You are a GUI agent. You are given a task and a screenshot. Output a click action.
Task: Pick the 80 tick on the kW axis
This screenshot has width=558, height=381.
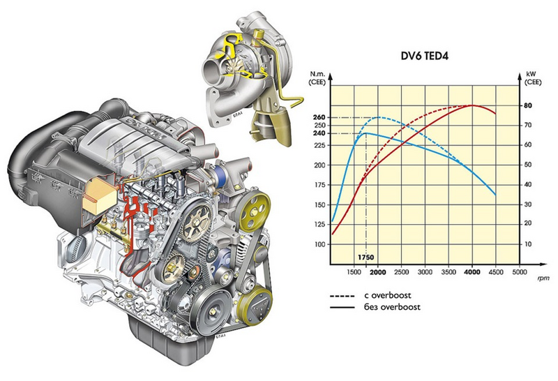coord(528,105)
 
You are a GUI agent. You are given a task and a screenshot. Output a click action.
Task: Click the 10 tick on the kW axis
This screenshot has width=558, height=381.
coord(528,244)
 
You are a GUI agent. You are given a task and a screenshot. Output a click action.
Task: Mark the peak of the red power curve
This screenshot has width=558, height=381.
coord(472,105)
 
